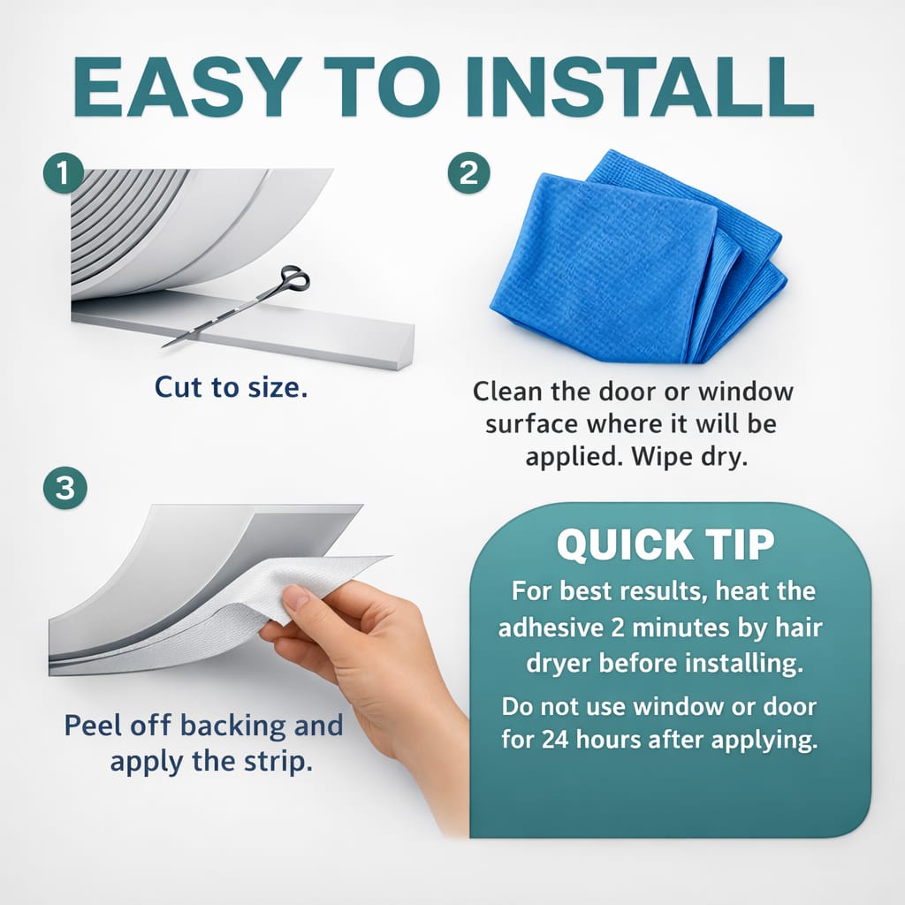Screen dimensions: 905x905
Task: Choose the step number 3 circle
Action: [65, 488]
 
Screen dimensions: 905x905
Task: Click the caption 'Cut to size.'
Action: [232, 387]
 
